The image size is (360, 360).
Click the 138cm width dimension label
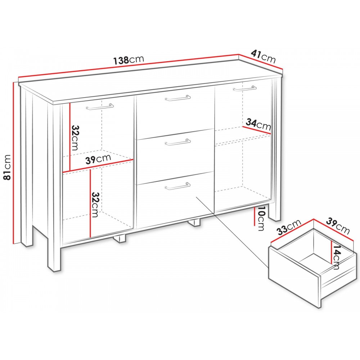[x=129, y=60]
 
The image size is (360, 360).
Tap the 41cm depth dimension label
[x=263, y=56]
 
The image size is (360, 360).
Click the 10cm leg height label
[x=261, y=219]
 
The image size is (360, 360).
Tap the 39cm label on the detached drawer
[x=338, y=226]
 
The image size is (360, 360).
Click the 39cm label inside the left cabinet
[x=98, y=159]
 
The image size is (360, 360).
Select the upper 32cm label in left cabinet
[x=75, y=138]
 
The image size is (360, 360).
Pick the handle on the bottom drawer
[x=178, y=186]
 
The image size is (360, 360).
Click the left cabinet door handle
[x=100, y=107]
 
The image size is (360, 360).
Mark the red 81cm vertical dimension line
[x=14, y=163]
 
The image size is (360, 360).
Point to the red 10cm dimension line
[x=255, y=216]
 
